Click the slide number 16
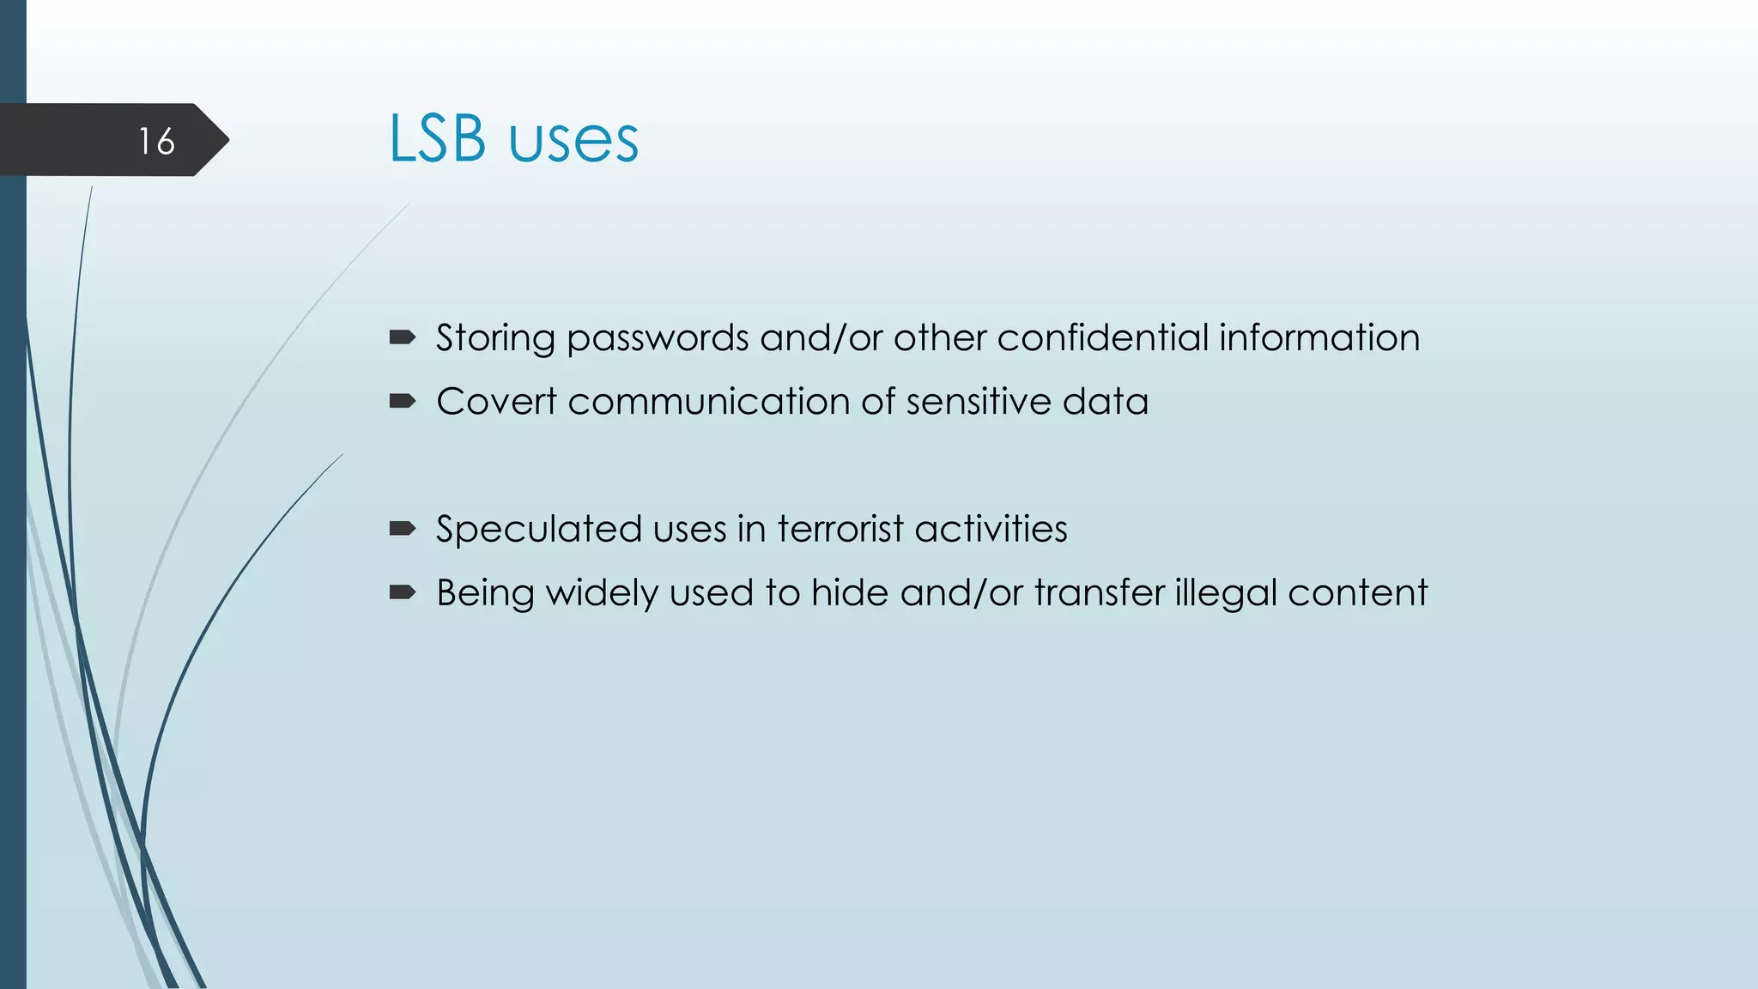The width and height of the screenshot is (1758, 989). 156,142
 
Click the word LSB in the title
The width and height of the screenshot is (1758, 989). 438,139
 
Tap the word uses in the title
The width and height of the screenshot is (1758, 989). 573,142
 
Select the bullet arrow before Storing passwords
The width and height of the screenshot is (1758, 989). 403,337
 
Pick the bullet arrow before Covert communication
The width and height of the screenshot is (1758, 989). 403,401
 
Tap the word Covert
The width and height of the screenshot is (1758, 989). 496,402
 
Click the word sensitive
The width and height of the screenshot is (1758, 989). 978,402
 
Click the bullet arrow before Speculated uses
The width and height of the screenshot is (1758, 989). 403,528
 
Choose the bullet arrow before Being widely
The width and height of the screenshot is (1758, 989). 403,592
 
